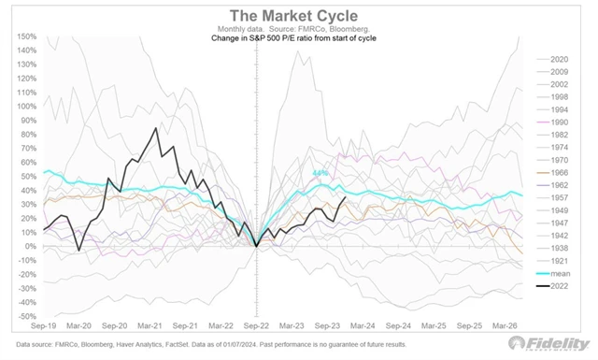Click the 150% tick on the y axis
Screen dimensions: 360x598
pos(26,36)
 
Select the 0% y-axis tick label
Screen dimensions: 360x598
pos(30,246)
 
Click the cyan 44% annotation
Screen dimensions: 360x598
pos(320,173)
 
